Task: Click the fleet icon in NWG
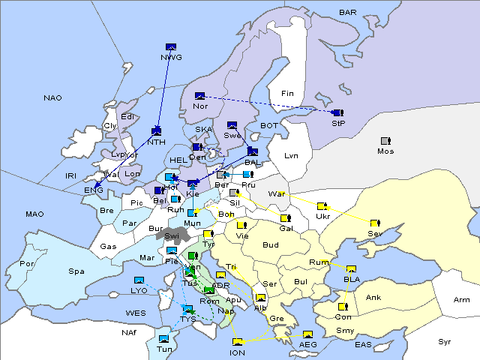(170, 47)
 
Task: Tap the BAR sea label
(348, 13)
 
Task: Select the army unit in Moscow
(385, 141)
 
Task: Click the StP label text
(338, 122)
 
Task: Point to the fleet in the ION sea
(238, 343)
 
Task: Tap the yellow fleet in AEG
(307, 334)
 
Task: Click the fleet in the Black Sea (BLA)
(352, 269)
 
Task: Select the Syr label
(445, 341)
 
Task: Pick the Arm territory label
(462, 300)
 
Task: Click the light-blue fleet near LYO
(138, 280)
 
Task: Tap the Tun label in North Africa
(164, 349)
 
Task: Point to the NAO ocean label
(52, 98)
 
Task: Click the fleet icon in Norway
(199, 96)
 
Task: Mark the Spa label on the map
(76, 271)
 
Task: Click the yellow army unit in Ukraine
(322, 206)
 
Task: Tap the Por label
(28, 264)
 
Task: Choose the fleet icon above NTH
(157, 131)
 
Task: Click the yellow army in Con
(343, 307)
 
